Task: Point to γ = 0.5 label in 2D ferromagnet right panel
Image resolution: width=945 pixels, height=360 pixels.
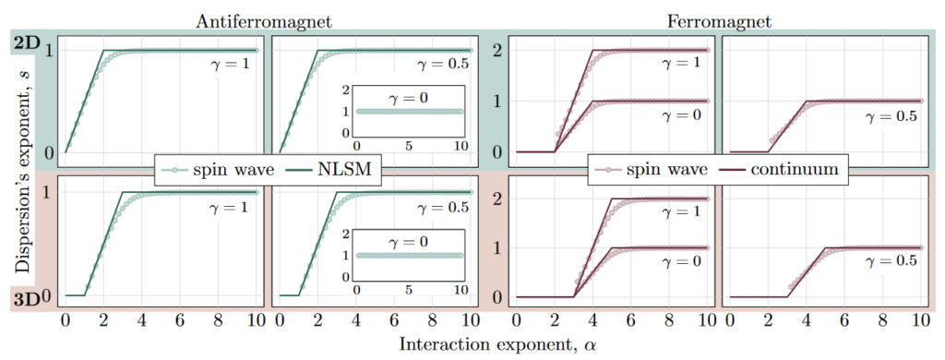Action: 892,118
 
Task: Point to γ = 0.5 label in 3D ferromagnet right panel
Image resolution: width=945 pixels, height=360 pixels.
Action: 892,261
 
